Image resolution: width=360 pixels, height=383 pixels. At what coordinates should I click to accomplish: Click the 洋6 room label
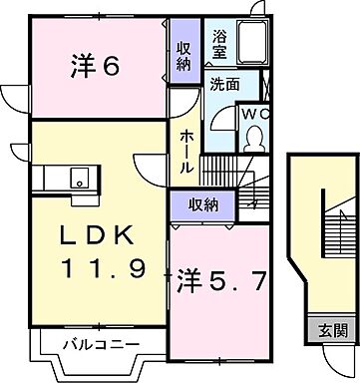96,67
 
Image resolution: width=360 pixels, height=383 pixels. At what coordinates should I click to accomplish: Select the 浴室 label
220,43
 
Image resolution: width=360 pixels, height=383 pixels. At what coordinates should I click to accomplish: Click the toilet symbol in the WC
253,137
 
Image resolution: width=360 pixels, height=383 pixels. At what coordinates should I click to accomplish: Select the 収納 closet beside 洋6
182,56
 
